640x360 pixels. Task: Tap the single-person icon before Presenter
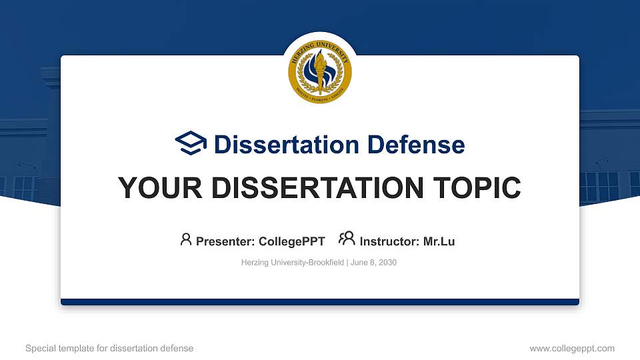(x=186, y=239)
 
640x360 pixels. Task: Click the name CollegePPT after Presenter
(x=291, y=241)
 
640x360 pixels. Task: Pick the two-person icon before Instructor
(x=347, y=239)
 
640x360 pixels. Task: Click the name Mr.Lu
(x=439, y=241)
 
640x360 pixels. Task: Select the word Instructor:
(x=390, y=241)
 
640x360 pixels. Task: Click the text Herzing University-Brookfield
(x=292, y=263)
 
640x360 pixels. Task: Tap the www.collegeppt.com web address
(x=572, y=348)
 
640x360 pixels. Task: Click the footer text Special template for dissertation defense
(x=109, y=348)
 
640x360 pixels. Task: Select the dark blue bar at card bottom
(x=320, y=302)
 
